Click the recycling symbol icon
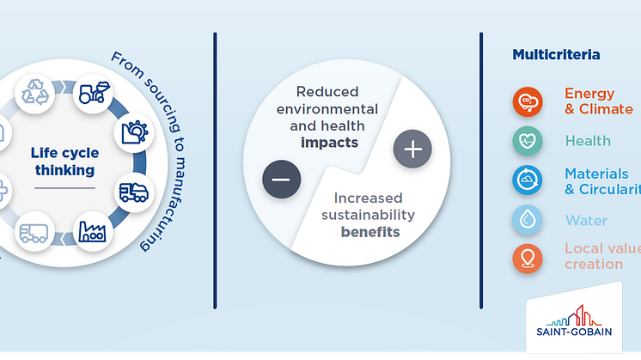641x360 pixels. pos(35,92)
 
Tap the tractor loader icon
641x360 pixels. pos(94,93)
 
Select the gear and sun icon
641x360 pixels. pos(135,132)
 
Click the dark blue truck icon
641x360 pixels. pos(134,192)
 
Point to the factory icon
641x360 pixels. pos(92,232)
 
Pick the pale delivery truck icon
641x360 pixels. pos(34,233)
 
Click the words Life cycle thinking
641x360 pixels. pos(65,162)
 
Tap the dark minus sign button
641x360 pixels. pos(282,180)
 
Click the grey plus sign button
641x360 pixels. pos(413,149)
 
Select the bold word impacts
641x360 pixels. pos(329,143)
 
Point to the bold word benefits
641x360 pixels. pos(370,232)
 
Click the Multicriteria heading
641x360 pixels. pos(556,54)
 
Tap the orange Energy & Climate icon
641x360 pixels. pos(528,101)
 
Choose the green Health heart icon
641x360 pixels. pos(528,141)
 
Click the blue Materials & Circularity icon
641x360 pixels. pos(528,180)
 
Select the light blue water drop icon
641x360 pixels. pos(528,219)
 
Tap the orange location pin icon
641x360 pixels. pos(528,259)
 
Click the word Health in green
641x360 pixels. pos(588,141)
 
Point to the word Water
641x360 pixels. pos(586,221)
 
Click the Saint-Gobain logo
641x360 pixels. pos(574,320)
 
